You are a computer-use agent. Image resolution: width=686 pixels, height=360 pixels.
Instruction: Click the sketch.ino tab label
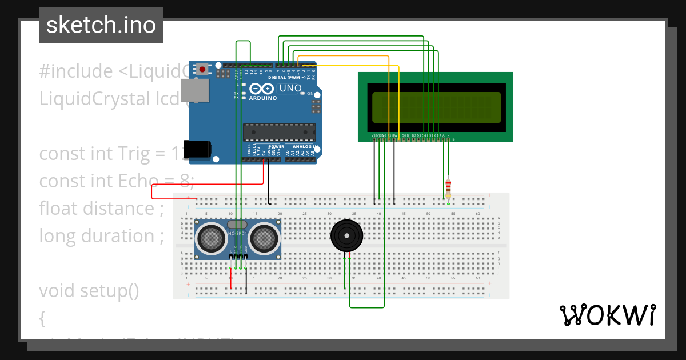point(101,25)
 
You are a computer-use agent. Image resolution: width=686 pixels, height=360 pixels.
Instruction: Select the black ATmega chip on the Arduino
point(278,132)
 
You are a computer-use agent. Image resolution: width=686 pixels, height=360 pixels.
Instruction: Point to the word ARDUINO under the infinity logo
point(262,98)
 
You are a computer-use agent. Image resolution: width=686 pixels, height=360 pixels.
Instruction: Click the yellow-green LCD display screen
point(436,107)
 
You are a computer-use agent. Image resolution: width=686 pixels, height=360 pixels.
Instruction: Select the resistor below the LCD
point(448,186)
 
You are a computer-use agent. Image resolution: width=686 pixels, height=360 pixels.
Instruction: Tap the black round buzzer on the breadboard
point(346,235)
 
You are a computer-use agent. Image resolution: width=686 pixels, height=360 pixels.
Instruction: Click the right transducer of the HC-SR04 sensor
point(264,238)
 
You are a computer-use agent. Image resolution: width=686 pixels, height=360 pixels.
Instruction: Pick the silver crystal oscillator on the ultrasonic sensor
point(238,225)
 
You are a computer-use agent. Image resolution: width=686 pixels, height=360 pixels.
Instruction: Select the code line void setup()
point(89,291)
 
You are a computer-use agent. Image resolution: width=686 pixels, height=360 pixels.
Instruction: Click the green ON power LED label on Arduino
point(311,93)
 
